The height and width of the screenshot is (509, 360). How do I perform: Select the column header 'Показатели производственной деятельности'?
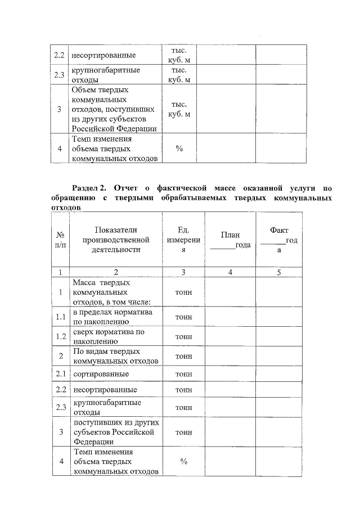pyautogui.click(x=115, y=240)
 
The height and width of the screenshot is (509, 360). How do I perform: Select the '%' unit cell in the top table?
pyautogui.click(x=179, y=149)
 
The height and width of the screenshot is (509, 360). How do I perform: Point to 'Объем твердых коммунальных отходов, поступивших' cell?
pyautogui.click(x=114, y=109)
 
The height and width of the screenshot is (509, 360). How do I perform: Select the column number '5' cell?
pyautogui.click(x=279, y=272)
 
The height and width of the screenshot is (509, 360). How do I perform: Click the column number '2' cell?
pyautogui.click(x=115, y=272)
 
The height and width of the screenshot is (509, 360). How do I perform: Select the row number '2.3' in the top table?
pyautogui.click(x=60, y=74)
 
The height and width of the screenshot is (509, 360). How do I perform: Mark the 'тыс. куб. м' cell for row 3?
pyautogui.click(x=179, y=109)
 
